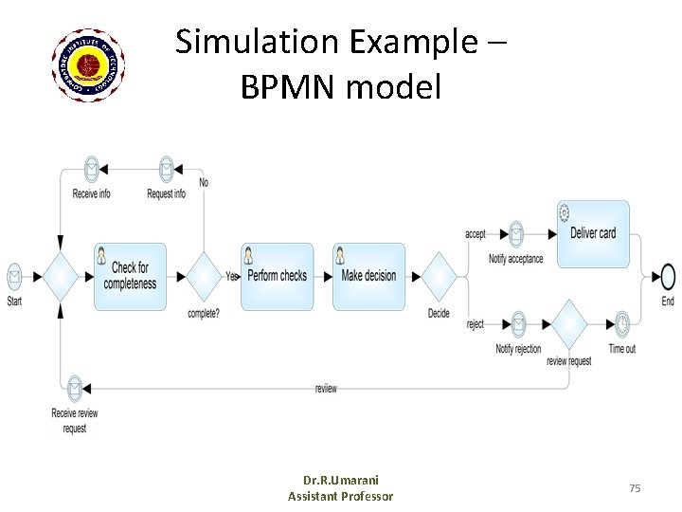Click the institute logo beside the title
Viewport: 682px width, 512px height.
[89, 64]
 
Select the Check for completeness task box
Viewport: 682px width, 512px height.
[130, 276]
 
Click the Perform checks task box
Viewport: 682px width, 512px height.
[277, 276]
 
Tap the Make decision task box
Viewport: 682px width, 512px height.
[368, 276]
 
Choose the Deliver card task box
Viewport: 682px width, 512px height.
[593, 233]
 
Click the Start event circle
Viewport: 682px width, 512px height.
[15, 277]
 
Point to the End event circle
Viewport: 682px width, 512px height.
[669, 277]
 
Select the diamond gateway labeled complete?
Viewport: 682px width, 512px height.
[203, 277]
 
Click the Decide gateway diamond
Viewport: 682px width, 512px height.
[439, 277]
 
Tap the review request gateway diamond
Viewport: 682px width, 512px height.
[569, 323]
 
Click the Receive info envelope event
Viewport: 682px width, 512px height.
[91, 170]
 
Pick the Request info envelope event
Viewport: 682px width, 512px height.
[167, 170]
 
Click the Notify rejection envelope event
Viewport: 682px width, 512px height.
[518, 323]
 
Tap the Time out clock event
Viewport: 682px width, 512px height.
[621, 323]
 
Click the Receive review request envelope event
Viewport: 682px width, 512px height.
[75, 388]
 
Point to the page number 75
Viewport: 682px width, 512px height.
[635, 487]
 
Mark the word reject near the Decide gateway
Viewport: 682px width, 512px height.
[476, 324]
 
